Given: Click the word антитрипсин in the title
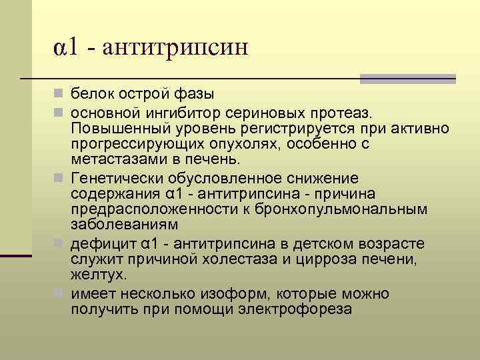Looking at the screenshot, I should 175,47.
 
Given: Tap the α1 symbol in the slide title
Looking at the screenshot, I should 68,47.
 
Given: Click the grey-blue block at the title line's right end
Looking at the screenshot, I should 407,79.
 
